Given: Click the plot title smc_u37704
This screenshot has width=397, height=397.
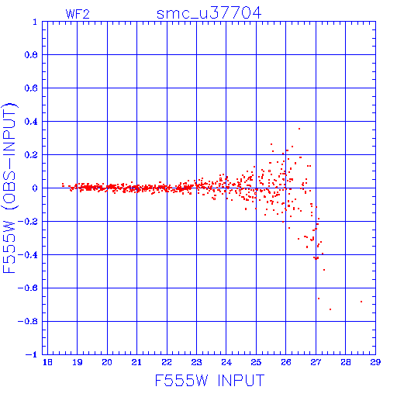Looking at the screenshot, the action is pyautogui.click(x=209, y=13).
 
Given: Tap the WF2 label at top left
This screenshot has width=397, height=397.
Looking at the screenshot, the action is pyautogui.click(x=78, y=14).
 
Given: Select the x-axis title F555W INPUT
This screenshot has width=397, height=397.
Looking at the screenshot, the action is pyautogui.click(x=209, y=380).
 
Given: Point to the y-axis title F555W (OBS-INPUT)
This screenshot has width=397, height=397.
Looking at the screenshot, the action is pyautogui.click(x=9, y=188).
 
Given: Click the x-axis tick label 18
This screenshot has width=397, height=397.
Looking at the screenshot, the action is pyautogui.click(x=47, y=362).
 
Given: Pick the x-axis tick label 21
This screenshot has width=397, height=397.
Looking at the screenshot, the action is pyautogui.click(x=136, y=362).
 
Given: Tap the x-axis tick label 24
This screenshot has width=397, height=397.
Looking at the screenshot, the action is pyautogui.click(x=226, y=362).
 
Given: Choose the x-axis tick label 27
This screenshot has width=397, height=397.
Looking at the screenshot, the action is pyautogui.click(x=316, y=362).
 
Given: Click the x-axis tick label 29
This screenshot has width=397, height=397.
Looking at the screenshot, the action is pyautogui.click(x=375, y=362).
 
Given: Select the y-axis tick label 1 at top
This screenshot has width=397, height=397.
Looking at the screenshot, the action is pyautogui.click(x=35, y=22).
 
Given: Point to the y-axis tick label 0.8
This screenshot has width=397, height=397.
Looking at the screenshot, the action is pyautogui.click(x=31, y=55).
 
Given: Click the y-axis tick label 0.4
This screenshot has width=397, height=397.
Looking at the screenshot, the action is pyautogui.click(x=31, y=122).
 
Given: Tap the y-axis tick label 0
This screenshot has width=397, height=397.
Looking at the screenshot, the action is pyautogui.click(x=35, y=188).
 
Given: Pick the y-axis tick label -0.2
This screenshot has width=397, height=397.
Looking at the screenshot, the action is pyautogui.click(x=28, y=222).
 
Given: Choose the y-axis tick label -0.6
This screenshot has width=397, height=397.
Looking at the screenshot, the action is pyautogui.click(x=28, y=288).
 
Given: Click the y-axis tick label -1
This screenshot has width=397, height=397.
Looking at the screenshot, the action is pyautogui.click(x=31, y=354).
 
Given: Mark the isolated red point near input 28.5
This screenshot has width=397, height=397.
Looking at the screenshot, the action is pyautogui.click(x=361, y=302).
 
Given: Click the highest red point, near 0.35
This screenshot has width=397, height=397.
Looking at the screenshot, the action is pyautogui.click(x=299, y=129).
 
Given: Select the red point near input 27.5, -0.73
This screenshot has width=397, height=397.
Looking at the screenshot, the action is pyautogui.click(x=330, y=309).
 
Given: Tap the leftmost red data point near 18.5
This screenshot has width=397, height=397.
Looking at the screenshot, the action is pyautogui.click(x=63, y=185).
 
